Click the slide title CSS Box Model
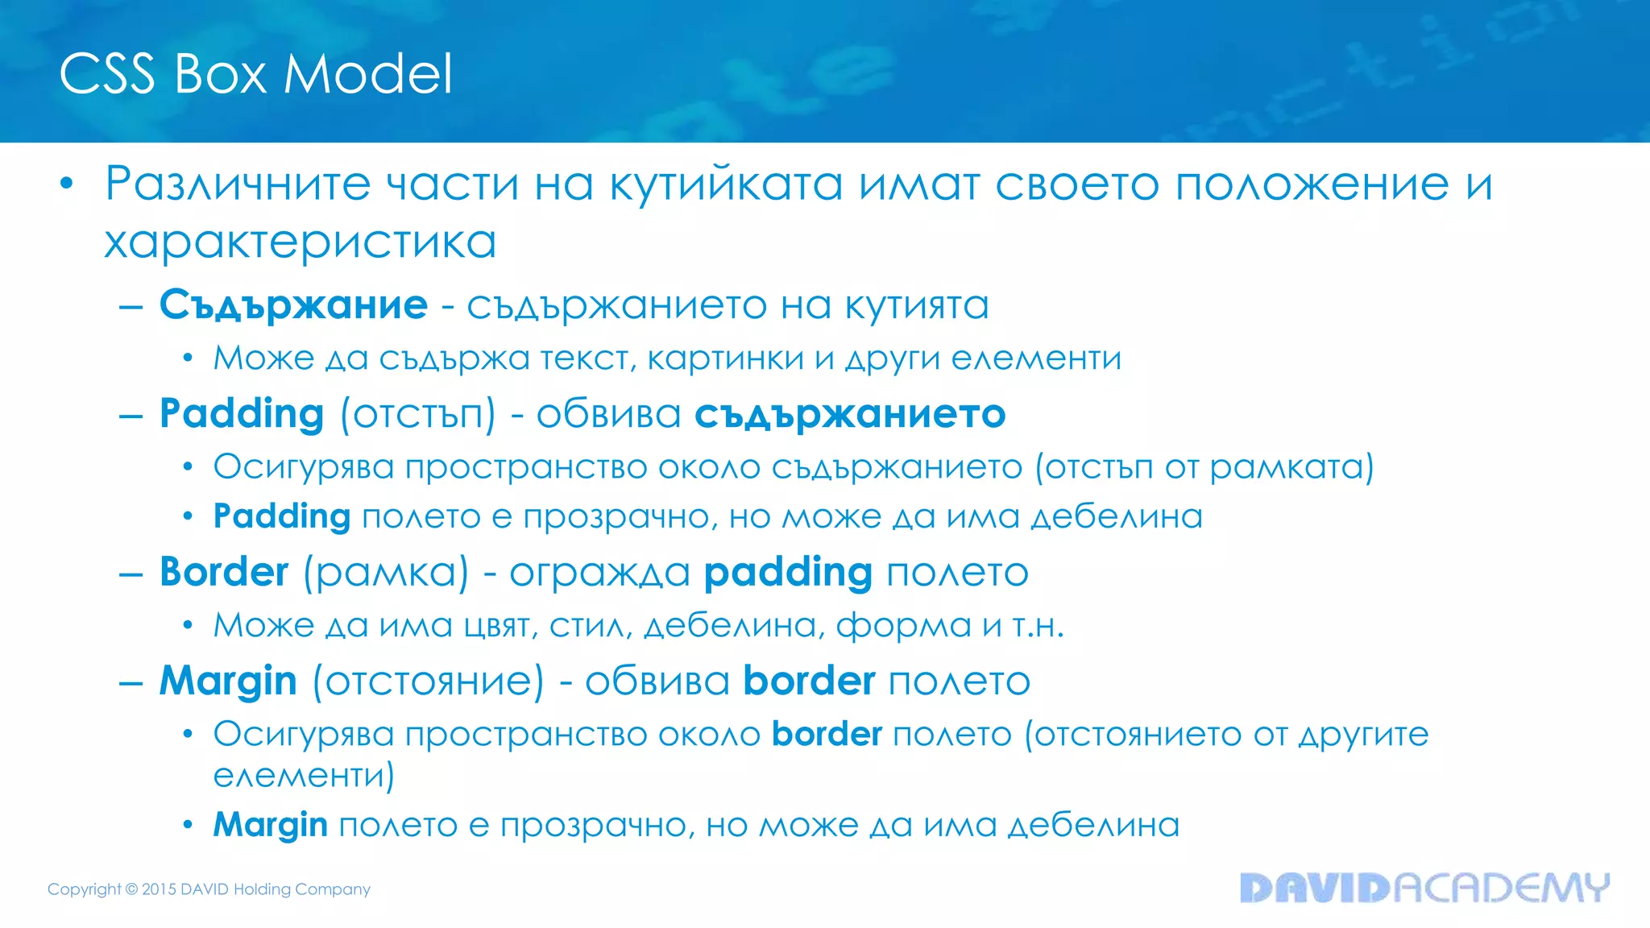click(255, 74)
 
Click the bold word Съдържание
click(293, 305)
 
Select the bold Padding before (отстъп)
click(242, 415)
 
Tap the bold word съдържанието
click(850, 415)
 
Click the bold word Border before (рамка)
click(224, 573)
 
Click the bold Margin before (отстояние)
click(228, 681)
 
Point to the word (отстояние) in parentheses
click(428, 681)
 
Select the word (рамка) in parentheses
click(386, 573)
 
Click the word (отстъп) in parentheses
click(417, 415)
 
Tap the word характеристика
click(300, 242)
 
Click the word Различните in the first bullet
click(238, 184)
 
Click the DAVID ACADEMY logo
click(1424, 888)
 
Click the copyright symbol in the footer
click(131, 889)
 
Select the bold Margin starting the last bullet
click(270, 825)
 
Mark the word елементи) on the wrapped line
click(304, 775)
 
